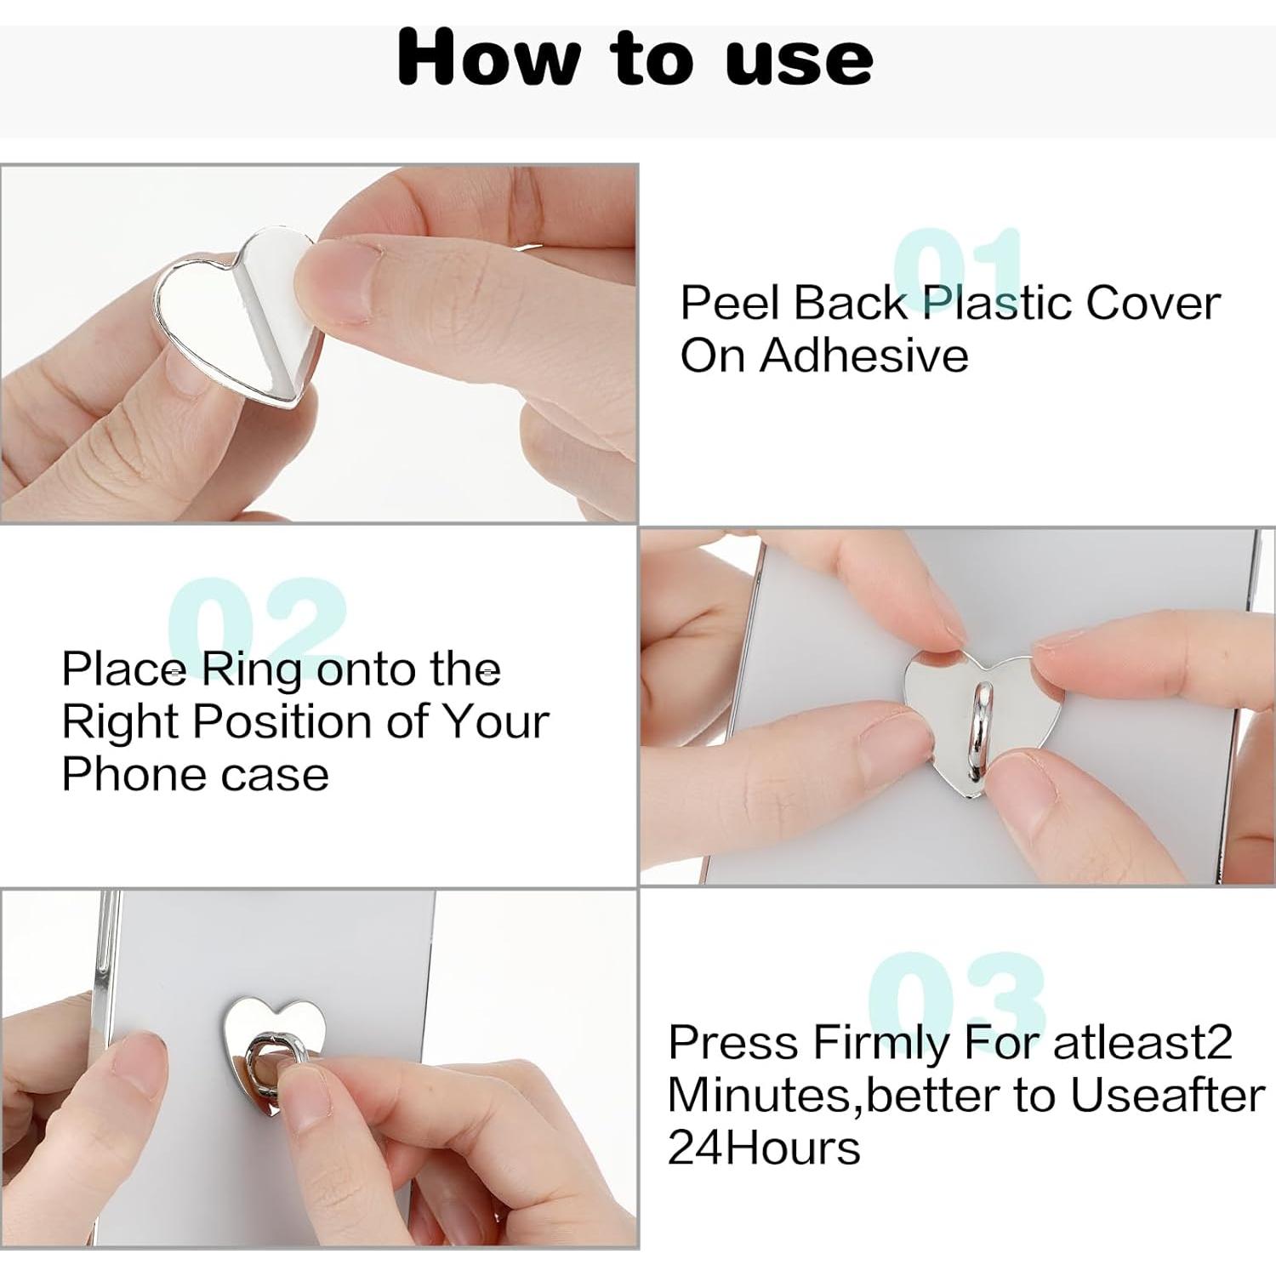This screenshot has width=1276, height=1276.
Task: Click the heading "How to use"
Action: pyautogui.click(x=635, y=58)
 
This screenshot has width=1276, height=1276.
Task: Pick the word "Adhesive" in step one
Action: pyautogui.click(x=863, y=356)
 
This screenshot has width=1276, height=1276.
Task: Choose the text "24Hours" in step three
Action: pyautogui.click(x=763, y=1148)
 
